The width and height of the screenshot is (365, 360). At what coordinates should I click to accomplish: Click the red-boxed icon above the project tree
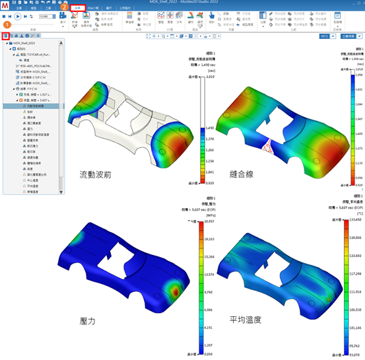pos(5,37)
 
